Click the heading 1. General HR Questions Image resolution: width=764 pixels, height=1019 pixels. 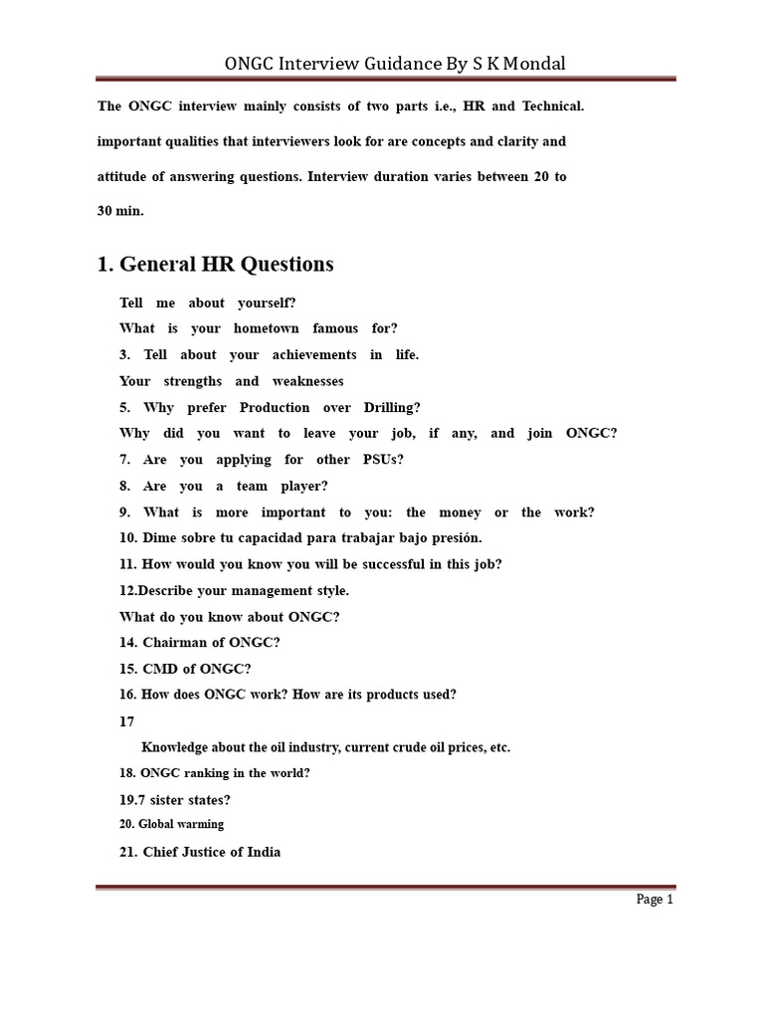[x=216, y=265]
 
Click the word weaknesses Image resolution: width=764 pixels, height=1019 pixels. [x=306, y=381]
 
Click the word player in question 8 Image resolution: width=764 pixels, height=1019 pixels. [x=304, y=487]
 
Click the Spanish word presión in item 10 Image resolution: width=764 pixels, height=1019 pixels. [x=455, y=538]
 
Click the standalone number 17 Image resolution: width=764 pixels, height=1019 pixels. [x=126, y=720]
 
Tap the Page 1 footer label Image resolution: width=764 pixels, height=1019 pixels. [x=655, y=900]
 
